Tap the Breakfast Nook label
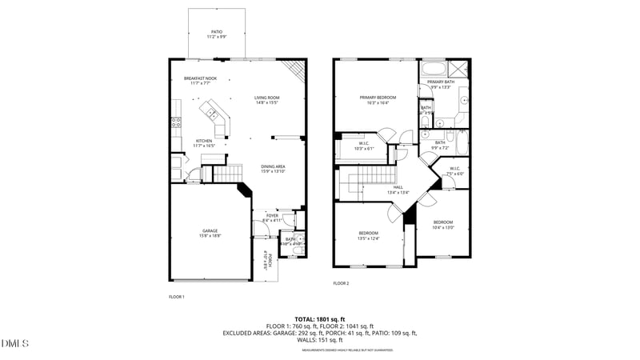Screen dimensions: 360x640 point(200,78)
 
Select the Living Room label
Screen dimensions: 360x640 point(266,98)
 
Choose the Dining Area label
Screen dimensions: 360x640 point(273,166)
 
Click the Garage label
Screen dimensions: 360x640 point(210,231)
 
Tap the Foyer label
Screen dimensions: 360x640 point(272,214)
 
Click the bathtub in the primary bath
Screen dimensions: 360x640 point(436,68)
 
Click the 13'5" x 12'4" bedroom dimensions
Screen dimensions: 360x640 point(368,238)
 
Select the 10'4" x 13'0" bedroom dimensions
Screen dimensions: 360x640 point(443,228)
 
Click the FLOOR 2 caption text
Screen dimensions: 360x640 point(342,283)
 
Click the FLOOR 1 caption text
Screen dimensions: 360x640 point(176,297)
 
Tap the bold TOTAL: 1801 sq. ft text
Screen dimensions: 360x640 point(320,319)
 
